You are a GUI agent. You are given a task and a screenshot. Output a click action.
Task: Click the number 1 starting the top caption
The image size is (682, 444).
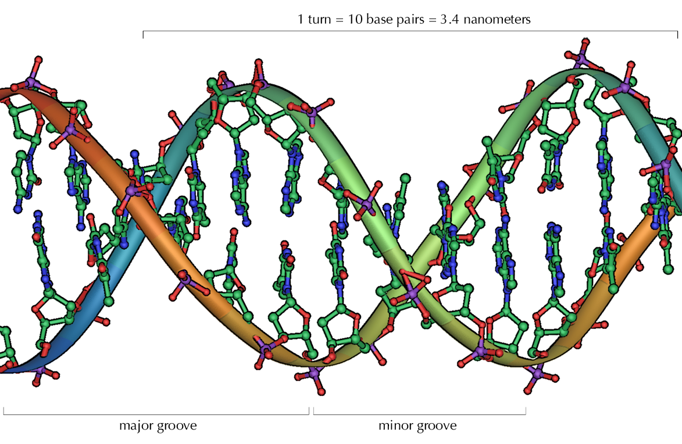(301, 19)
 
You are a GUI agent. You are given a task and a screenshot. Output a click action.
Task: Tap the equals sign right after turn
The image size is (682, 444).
(340, 19)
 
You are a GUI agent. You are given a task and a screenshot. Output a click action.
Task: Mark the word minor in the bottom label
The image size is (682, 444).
(397, 426)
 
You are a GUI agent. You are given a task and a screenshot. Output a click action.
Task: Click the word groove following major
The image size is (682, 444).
(177, 426)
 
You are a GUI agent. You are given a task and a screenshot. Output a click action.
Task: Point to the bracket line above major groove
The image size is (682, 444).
(156, 414)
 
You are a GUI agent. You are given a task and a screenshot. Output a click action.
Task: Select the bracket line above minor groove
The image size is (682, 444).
(419, 414)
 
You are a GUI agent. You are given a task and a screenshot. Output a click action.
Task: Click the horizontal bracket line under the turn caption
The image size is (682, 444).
(410, 31)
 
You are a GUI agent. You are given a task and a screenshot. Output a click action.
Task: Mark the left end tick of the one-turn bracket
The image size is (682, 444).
(143, 35)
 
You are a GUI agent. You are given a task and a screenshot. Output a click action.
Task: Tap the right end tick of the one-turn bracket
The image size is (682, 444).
(677, 35)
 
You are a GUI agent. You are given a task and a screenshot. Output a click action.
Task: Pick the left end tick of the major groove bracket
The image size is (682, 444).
(4, 411)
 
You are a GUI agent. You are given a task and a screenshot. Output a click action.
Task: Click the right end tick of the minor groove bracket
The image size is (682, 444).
(526, 411)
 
